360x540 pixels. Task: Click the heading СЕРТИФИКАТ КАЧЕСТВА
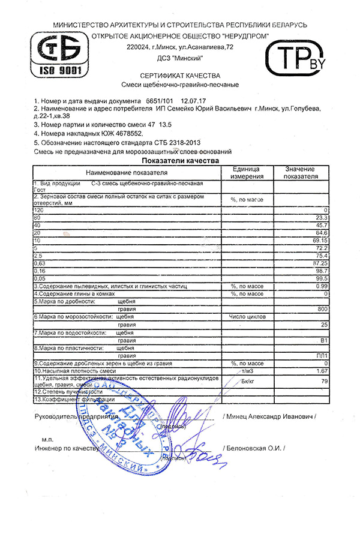(x=180, y=76)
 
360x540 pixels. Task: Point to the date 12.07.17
(x=193, y=101)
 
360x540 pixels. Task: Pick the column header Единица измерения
(x=248, y=173)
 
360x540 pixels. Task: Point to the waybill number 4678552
(x=124, y=133)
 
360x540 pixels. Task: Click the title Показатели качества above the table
(x=180, y=161)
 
